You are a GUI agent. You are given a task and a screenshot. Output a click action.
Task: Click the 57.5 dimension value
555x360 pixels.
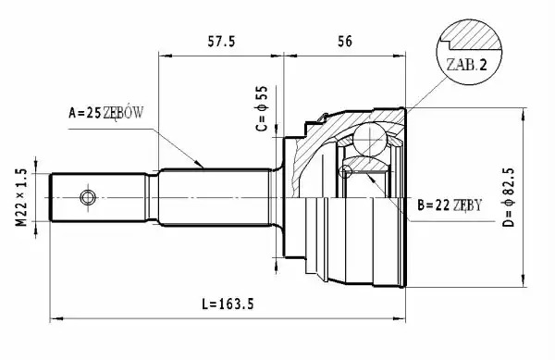click(x=221, y=42)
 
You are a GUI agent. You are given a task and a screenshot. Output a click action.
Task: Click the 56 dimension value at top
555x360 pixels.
click(x=345, y=42)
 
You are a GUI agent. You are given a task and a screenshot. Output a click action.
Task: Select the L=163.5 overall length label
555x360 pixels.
click(x=228, y=304)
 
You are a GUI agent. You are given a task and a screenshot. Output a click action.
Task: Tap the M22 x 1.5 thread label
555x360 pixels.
click(x=21, y=197)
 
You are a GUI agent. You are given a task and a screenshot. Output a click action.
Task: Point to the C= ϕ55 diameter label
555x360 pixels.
click(x=262, y=108)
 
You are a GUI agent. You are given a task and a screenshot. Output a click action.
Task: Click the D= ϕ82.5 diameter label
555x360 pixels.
click(x=509, y=197)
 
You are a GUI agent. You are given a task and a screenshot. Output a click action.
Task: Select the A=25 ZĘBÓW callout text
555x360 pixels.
click(x=105, y=113)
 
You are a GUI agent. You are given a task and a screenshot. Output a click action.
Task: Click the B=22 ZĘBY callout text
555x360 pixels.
click(x=450, y=205)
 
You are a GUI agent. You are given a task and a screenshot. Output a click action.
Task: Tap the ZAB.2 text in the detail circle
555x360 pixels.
click(x=466, y=65)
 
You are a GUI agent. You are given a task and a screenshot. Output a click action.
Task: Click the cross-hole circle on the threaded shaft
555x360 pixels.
click(x=88, y=197)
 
